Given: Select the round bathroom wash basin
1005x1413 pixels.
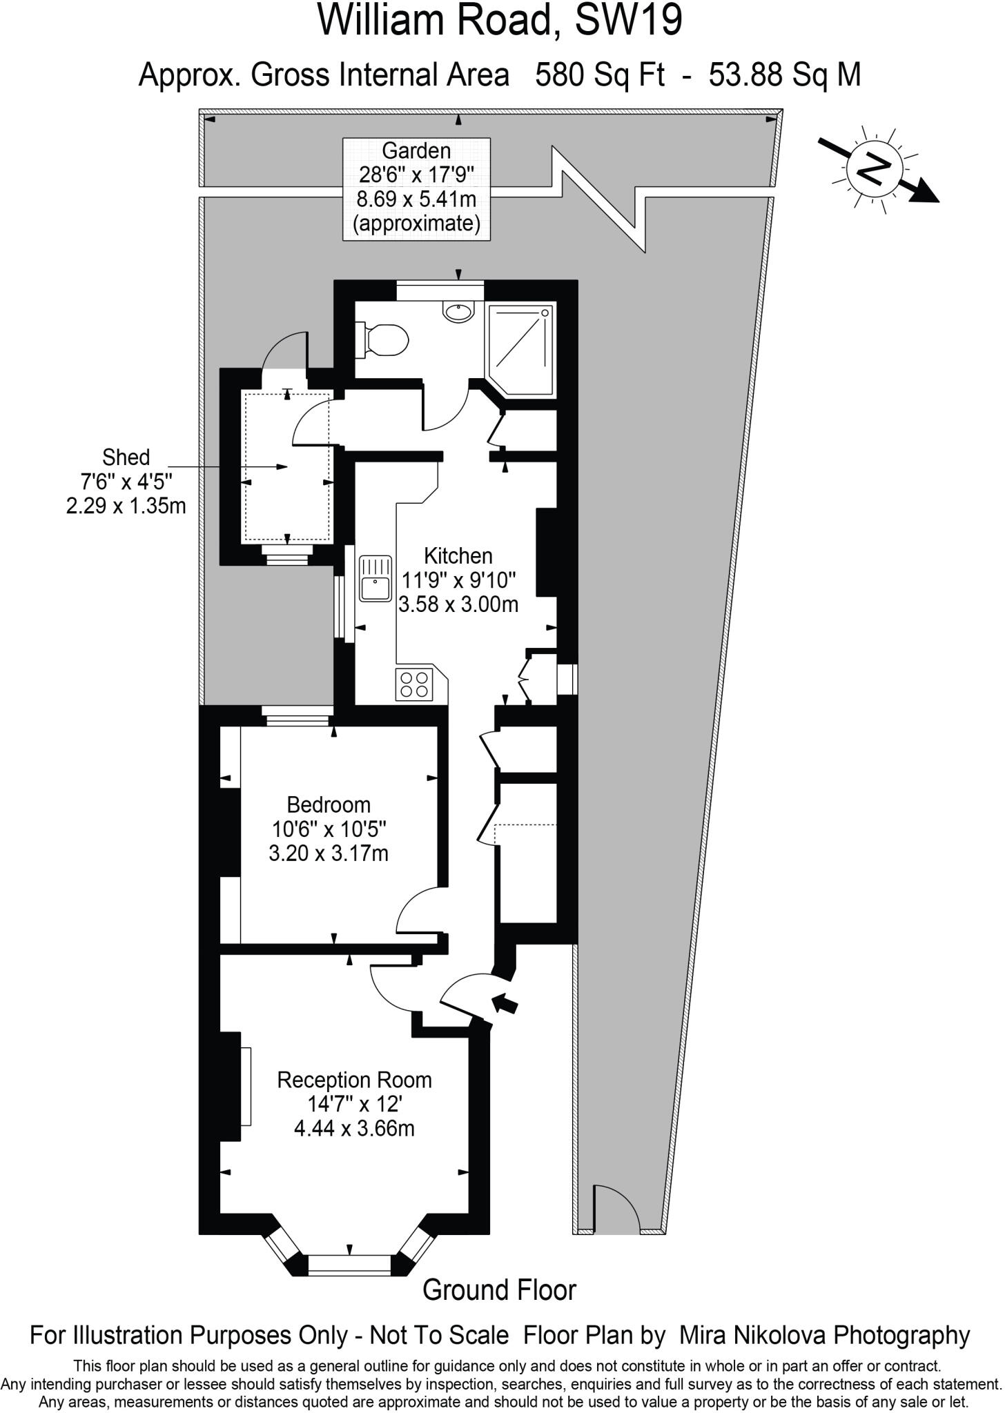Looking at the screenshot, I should [458, 311].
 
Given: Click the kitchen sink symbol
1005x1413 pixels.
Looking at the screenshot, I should [375, 578].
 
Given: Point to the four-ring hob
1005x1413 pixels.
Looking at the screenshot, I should [414, 684].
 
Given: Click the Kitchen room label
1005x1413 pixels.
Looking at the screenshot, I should [458, 555].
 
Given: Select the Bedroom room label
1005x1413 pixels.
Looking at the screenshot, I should [329, 804].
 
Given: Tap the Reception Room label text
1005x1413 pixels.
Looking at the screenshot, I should [354, 1080].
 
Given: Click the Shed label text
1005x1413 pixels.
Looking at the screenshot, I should [126, 457].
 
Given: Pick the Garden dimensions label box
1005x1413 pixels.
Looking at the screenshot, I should [417, 188].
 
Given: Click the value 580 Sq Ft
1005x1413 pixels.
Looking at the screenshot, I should [600, 75].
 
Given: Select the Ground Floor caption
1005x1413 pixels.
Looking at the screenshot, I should [499, 1290].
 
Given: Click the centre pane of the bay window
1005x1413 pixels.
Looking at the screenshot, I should [349, 1264].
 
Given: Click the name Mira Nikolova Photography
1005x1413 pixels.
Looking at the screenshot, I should [825, 1335].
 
